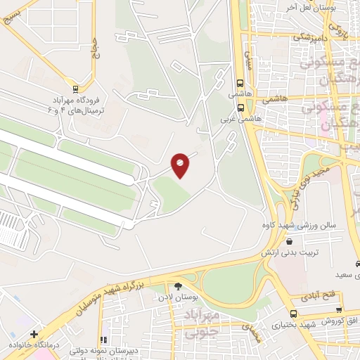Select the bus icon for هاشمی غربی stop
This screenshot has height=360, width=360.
coord(241,108)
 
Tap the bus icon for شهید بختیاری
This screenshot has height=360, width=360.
coord(293,314)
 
